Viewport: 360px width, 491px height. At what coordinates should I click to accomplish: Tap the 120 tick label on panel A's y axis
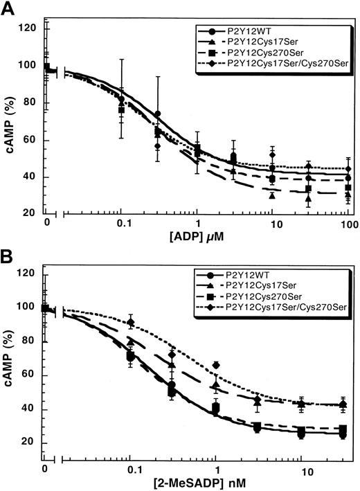tap(29, 29)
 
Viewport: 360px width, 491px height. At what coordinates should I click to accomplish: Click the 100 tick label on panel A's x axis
tap(348, 226)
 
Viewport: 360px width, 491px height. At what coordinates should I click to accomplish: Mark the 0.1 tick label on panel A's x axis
tap(122, 226)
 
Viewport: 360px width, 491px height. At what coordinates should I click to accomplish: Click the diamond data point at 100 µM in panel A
tap(349, 169)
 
